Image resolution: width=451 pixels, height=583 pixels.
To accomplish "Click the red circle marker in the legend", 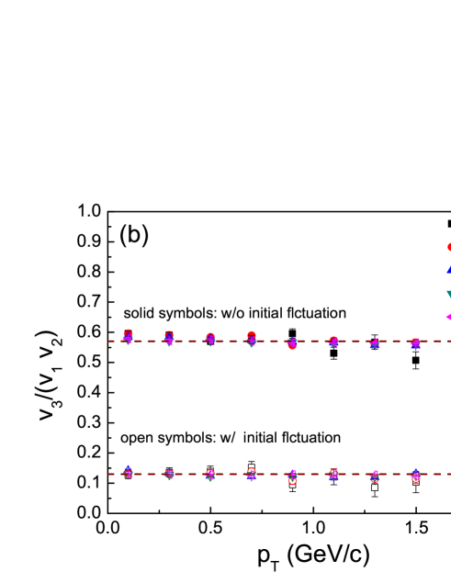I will click(x=448, y=247).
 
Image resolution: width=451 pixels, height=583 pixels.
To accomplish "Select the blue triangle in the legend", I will click(x=448, y=269).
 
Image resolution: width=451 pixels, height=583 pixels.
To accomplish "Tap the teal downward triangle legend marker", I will click(x=448, y=294).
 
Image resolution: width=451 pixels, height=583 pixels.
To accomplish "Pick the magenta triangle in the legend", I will click(x=448, y=317).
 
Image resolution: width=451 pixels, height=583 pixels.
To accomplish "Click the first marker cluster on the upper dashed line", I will click(x=128, y=337).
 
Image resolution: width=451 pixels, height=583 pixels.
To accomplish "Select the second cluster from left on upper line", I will click(x=169, y=339).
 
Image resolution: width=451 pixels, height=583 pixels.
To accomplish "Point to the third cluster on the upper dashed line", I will click(x=210, y=339).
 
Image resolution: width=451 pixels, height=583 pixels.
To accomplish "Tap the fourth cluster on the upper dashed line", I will click(x=252, y=339).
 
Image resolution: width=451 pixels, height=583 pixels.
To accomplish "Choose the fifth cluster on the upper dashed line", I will click(x=292, y=343).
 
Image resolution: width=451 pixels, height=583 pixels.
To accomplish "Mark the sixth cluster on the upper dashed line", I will click(x=333, y=342).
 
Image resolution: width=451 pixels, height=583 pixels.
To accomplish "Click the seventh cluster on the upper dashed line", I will click(x=374, y=343).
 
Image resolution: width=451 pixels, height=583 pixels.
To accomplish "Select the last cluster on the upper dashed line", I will click(x=415, y=343).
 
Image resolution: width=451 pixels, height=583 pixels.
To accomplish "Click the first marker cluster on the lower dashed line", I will click(x=129, y=472).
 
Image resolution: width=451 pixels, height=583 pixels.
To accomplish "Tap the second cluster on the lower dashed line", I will click(x=169, y=474).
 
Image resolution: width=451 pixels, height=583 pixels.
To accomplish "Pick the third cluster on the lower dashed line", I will click(x=210, y=475).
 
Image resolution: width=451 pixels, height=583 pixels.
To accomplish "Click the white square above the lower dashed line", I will click(x=252, y=467).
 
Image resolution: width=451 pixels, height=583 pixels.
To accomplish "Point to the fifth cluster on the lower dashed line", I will click(x=292, y=477).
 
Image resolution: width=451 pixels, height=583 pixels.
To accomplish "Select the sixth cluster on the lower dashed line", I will click(x=333, y=475).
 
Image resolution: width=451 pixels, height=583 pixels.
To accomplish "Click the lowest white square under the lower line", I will click(x=375, y=488).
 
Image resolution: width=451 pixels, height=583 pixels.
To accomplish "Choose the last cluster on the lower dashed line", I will click(x=415, y=476).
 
